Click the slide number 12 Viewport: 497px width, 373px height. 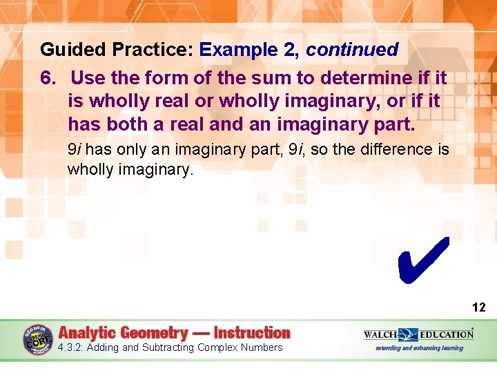478,307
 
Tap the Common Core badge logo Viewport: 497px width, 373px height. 38,339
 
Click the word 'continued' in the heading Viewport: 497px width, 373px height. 352,50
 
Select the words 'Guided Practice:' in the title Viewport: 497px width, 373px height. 117,50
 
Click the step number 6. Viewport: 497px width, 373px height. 48,77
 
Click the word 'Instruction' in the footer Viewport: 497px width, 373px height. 252,333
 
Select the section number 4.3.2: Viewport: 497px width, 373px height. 72,347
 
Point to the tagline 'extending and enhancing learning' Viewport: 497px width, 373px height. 419,347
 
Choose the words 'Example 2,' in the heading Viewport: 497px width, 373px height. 250,50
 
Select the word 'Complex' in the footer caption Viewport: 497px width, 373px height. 217,347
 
